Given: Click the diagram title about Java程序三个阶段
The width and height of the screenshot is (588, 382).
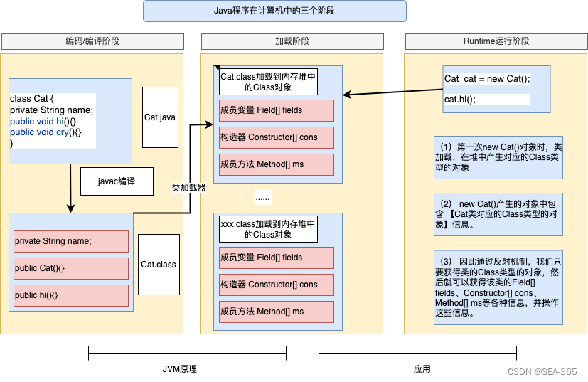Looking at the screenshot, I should [x=274, y=11].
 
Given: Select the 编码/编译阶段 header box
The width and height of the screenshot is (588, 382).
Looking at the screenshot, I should [x=92, y=41].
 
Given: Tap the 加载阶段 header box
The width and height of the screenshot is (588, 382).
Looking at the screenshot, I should [x=292, y=41].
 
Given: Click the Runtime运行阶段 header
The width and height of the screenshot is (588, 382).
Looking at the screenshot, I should [x=496, y=41].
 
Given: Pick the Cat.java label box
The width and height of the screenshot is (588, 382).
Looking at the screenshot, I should [x=160, y=117].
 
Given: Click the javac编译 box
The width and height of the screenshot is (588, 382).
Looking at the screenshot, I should [x=117, y=181].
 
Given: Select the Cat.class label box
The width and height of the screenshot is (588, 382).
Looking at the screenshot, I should [x=159, y=265].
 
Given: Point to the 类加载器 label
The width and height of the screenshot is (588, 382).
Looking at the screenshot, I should [x=188, y=188].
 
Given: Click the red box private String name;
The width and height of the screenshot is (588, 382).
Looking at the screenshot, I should [x=71, y=241].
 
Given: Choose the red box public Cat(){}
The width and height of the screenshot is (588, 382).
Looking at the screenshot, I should [x=71, y=268].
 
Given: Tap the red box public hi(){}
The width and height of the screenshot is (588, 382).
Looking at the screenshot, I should [x=71, y=295].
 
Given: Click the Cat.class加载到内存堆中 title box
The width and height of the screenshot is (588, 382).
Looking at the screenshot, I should [x=268, y=82].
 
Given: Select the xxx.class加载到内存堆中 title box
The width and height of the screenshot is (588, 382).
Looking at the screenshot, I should [x=268, y=229].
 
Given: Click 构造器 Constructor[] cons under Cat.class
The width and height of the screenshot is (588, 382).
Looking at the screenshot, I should [x=277, y=137].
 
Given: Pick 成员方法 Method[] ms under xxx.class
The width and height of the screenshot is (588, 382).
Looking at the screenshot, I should [x=277, y=312].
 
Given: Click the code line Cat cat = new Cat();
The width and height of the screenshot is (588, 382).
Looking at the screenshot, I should [x=487, y=78].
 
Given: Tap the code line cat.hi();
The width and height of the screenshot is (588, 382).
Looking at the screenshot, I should [x=487, y=99].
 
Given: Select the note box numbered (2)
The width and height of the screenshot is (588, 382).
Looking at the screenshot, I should [x=498, y=214].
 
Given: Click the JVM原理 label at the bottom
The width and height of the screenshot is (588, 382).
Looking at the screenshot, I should [x=179, y=369].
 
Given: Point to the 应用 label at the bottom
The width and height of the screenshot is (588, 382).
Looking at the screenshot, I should [x=422, y=369].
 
